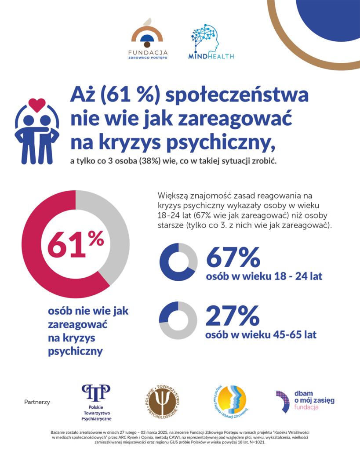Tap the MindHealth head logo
click(x=205, y=42)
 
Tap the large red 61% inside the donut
click(x=75, y=243)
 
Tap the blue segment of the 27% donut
click(x=166, y=313)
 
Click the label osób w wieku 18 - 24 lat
click(x=264, y=277)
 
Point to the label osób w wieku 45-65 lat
click(x=261, y=334)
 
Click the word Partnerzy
click(x=37, y=402)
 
